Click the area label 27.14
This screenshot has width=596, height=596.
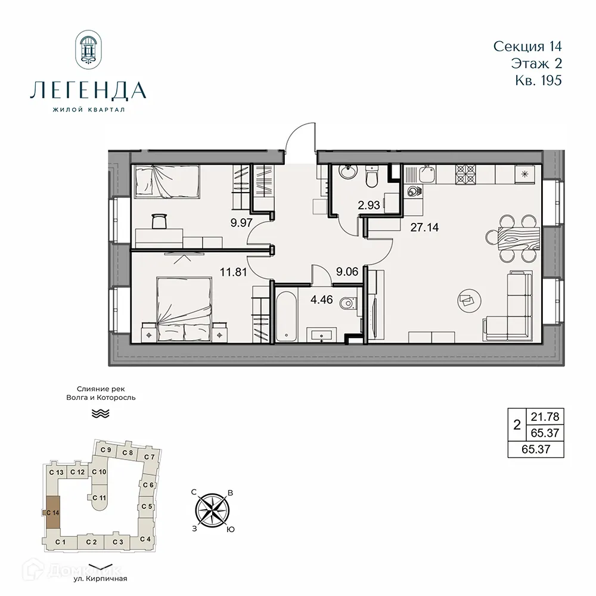click(x=424, y=227)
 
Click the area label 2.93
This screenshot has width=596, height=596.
click(x=369, y=206)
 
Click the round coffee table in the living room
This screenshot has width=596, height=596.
click(x=468, y=301)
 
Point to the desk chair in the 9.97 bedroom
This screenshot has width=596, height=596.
click(x=159, y=221)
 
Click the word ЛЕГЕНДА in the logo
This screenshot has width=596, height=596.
click(x=88, y=91)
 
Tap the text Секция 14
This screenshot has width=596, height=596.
click(x=528, y=46)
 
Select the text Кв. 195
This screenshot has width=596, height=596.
click(x=536, y=80)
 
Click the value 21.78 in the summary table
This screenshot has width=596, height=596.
click(x=543, y=417)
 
